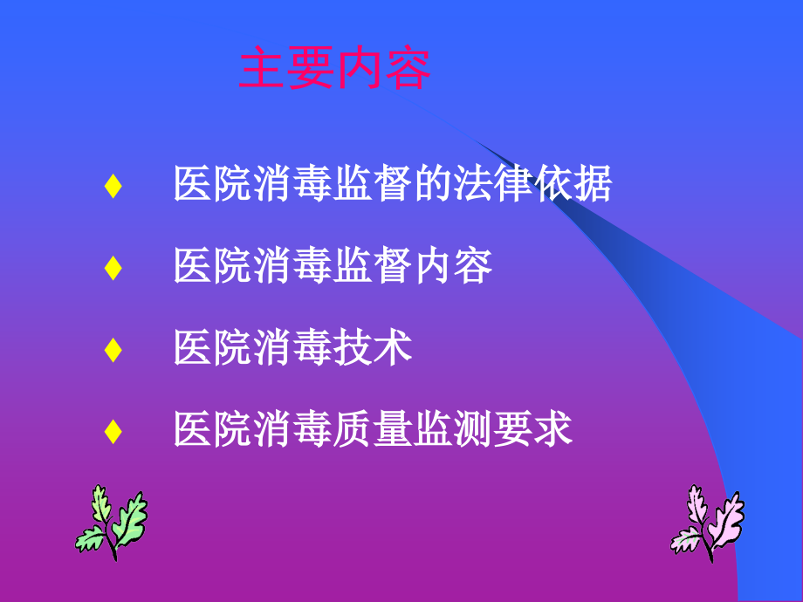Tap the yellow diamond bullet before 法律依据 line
pos(112,187)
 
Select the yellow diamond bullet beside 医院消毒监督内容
pos(112,268)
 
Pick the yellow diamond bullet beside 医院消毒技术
pos(112,349)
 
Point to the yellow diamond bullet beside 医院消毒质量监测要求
pos(112,430)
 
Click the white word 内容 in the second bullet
pos(453,267)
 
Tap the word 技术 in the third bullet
pos(373,348)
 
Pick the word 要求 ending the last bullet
pos(533,429)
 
